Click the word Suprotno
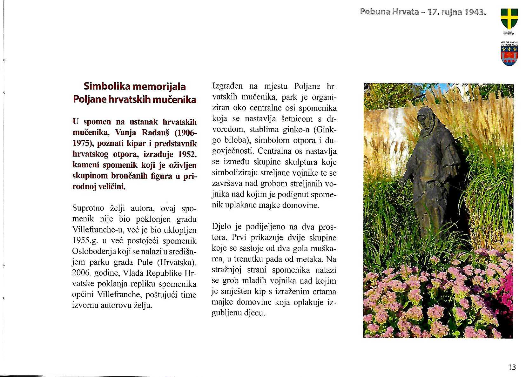(x=88, y=208)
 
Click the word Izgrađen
(x=227, y=86)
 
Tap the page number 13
(x=512, y=367)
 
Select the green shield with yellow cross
(x=509, y=18)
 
